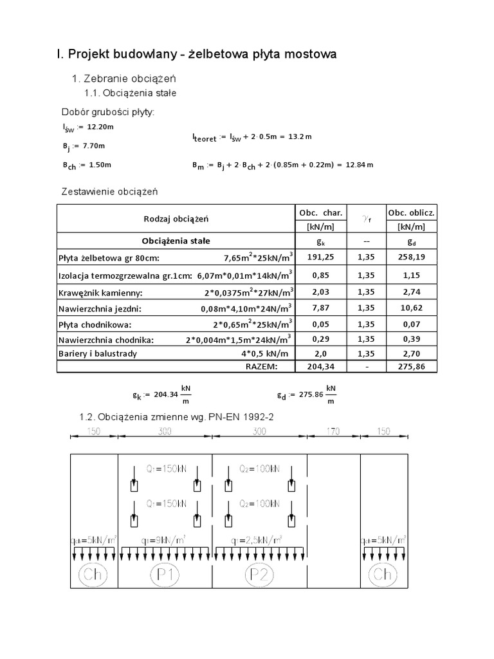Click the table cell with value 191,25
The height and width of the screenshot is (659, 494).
click(320, 257)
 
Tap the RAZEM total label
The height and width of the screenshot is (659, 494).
click(262, 367)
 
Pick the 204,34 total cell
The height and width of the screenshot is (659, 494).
click(320, 367)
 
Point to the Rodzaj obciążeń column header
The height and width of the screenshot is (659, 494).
click(176, 219)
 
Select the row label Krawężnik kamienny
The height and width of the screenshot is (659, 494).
click(100, 293)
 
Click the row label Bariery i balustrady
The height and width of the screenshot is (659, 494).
click(98, 353)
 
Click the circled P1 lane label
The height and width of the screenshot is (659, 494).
click(165, 573)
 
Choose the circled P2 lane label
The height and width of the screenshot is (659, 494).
click(259, 573)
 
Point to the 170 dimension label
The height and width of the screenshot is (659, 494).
click(333, 432)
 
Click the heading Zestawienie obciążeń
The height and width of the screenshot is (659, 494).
click(109, 192)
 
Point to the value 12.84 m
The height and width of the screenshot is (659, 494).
click(359, 165)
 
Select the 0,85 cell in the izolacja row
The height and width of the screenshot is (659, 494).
click(320, 275)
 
